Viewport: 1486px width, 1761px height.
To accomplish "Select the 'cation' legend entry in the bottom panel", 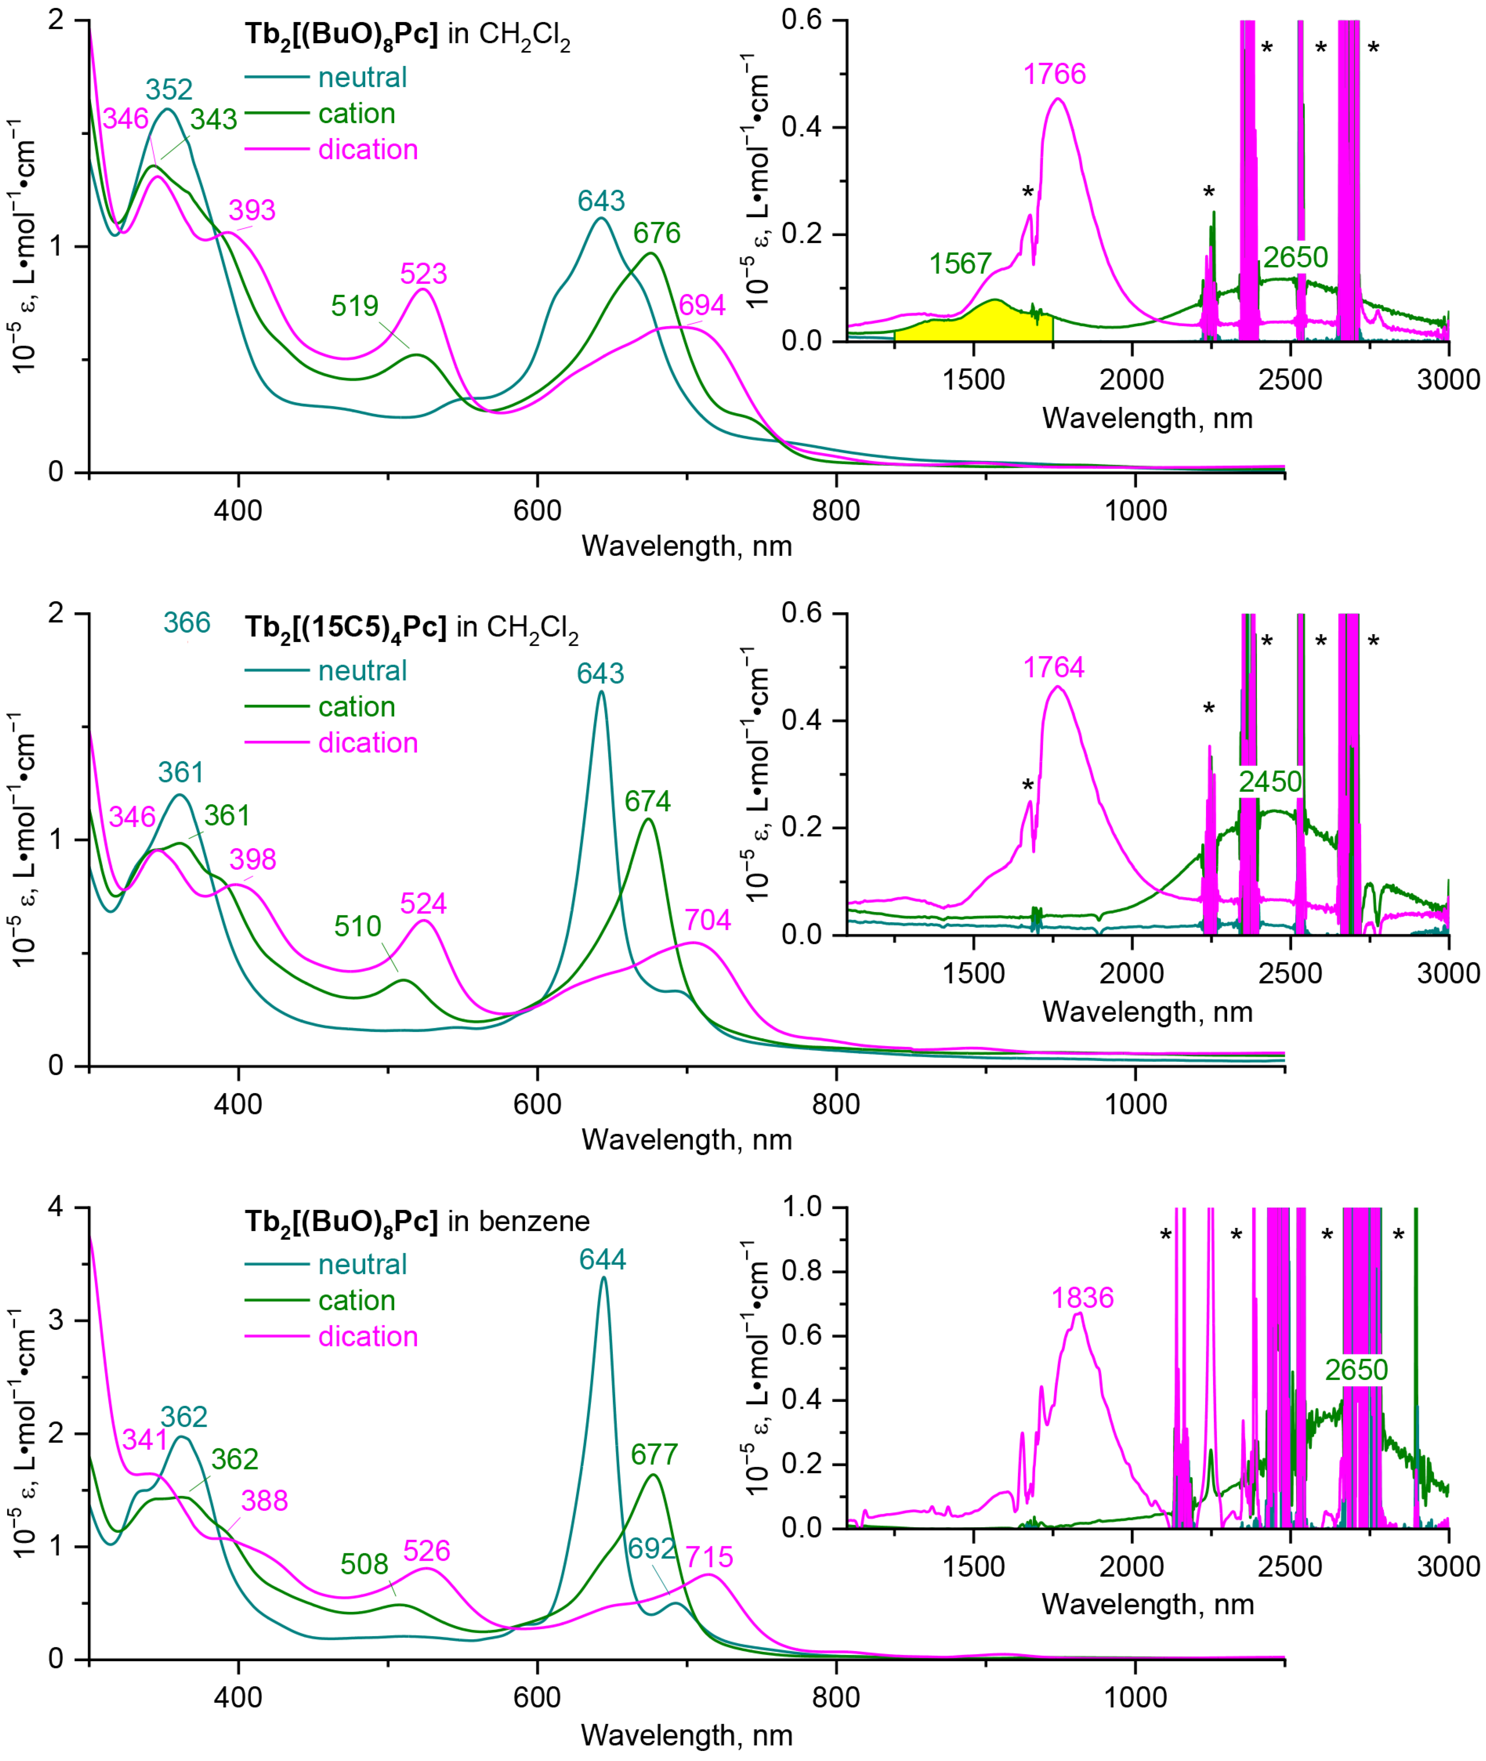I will (x=357, y=1300).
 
